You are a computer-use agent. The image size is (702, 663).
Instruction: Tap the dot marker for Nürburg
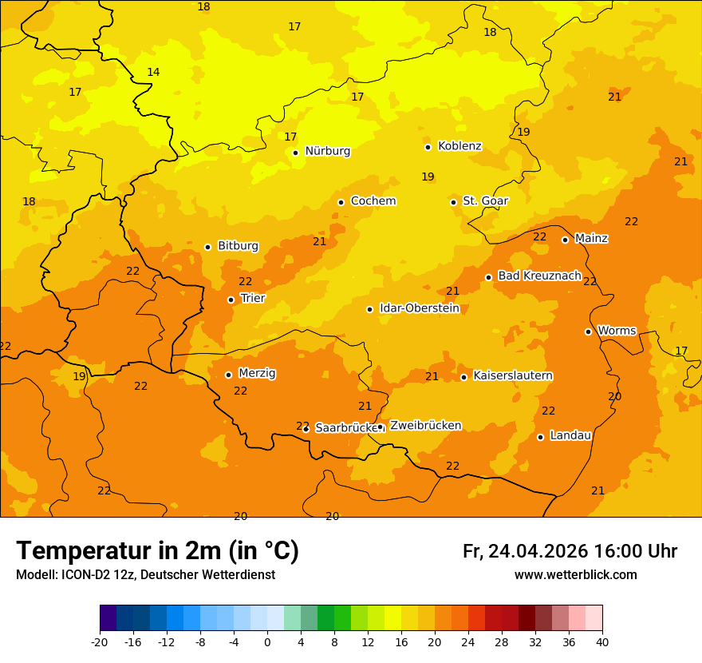[295, 153]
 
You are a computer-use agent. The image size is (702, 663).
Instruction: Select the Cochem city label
[373, 201]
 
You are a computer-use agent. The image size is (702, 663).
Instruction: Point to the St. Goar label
[485, 201]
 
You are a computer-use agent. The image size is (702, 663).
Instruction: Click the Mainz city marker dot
[565, 240]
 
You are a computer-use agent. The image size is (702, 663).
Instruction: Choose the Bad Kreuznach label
[539, 276]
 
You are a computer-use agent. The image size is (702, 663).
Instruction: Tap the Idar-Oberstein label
[419, 308]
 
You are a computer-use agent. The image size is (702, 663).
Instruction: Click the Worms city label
[617, 331]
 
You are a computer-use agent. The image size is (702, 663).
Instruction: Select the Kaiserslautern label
[513, 375]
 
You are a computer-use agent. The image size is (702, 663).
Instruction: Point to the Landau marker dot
[540, 437]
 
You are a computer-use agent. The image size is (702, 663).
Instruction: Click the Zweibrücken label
[425, 426]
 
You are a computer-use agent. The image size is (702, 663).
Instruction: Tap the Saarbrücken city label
[346, 428]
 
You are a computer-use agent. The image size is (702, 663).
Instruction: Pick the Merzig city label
[257, 374]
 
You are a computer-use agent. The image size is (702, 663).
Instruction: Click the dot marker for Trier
[231, 300]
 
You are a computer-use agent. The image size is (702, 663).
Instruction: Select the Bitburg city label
[238, 246]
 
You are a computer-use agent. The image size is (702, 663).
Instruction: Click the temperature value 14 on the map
[153, 73]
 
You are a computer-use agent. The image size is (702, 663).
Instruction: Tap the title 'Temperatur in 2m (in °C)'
[157, 550]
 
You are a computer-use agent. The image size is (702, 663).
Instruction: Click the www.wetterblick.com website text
[575, 575]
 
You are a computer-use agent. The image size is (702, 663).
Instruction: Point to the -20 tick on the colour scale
[100, 642]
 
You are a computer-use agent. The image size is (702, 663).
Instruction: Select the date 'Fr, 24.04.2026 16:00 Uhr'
[570, 551]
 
